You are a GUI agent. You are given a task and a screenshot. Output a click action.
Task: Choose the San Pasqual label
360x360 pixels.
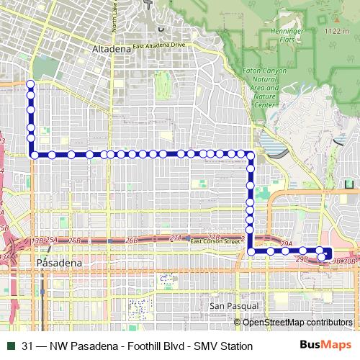pos(228,306)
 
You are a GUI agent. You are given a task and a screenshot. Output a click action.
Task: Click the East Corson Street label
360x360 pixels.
pos(214,241)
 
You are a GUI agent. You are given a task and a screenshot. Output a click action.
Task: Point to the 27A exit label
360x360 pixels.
pos(176,238)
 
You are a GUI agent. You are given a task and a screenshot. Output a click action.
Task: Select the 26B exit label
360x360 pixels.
pos(131,240)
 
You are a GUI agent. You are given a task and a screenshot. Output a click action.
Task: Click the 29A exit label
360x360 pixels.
pos(286,245)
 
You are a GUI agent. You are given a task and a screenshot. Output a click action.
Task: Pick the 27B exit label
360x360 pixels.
pos(212,236)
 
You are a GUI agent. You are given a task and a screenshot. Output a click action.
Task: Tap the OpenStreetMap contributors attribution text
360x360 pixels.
pos(297,322)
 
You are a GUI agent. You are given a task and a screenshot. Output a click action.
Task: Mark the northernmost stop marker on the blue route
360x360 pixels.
pos(31,85)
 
